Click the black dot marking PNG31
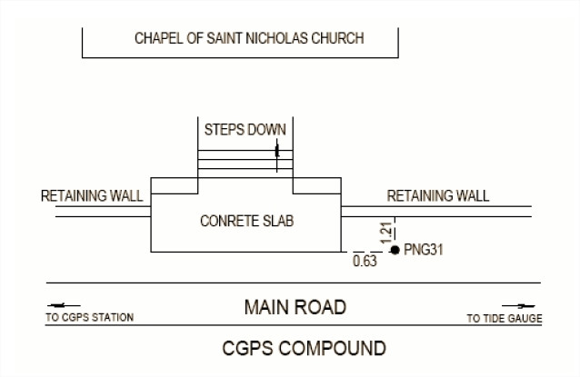point(395,250)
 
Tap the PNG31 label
point(423,250)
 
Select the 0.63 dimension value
point(365,262)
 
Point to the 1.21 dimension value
point(385,233)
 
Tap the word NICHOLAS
point(276,38)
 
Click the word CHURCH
point(337,38)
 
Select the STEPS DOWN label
point(245,130)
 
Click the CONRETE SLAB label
point(246,221)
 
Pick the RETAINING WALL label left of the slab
point(92,196)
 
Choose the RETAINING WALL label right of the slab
point(438,196)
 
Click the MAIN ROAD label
point(295,307)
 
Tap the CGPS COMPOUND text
point(304,348)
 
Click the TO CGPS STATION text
point(89,317)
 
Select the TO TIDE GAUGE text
point(505,318)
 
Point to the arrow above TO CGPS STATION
point(64,305)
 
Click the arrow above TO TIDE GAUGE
point(518,306)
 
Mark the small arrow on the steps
point(277,155)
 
